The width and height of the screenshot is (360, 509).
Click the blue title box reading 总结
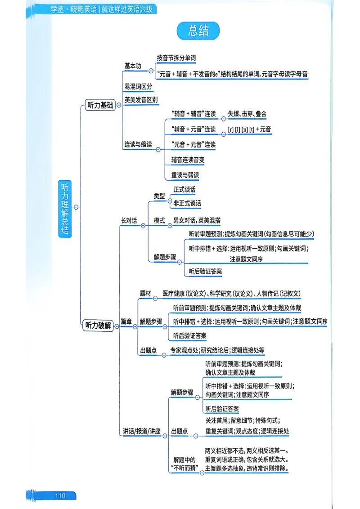click(x=198, y=31)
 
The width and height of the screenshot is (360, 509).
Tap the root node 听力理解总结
click(x=65, y=208)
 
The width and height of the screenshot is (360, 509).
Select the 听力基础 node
click(x=100, y=105)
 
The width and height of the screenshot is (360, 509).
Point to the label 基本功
click(x=133, y=66)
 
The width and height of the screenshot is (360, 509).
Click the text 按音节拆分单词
click(x=176, y=58)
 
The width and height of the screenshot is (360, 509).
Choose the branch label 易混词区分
click(x=138, y=86)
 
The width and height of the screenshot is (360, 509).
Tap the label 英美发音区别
click(x=141, y=99)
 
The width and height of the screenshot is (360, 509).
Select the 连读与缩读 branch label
click(x=138, y=144)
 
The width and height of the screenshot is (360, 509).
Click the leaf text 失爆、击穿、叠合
click(x=247, y=114)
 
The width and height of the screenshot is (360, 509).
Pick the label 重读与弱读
click(x=184, y=174)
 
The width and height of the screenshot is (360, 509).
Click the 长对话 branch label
click(x=129, y=221)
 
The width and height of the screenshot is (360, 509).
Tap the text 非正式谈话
click(x=187, y=203)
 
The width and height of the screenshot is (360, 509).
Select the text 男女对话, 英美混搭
click(x=197, y=221)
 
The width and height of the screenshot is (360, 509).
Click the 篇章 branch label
click(x=126, y=321)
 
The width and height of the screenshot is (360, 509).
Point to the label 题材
click(x=145, y=293)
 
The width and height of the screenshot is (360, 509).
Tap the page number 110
click(x=60, y=496)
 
